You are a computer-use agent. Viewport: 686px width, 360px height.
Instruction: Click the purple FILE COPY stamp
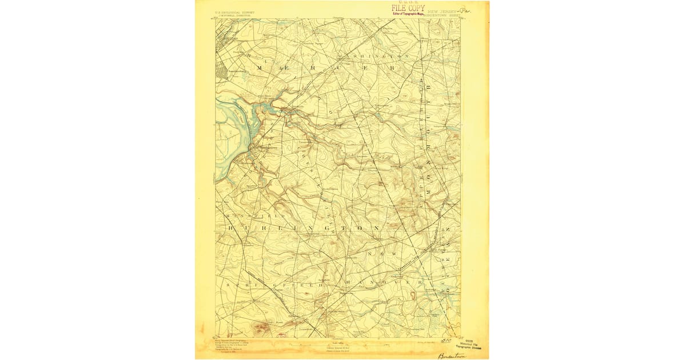(408, 8)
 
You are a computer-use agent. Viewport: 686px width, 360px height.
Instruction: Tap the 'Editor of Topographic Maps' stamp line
(408, 14)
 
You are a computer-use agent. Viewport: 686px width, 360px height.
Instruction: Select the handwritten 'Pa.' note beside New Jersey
(466, 10)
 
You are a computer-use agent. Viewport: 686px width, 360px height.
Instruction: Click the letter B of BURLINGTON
(232, 228)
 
